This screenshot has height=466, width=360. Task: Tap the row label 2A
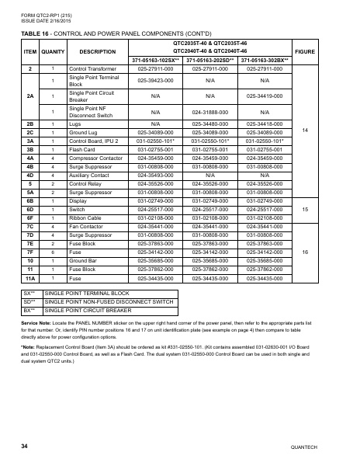[x=30, y=96]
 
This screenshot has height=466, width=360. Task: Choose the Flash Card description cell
[x=83, y=148]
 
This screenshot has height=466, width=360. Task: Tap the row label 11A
[x=30, y=277]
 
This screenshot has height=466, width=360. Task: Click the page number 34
[x=26, y=446]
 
